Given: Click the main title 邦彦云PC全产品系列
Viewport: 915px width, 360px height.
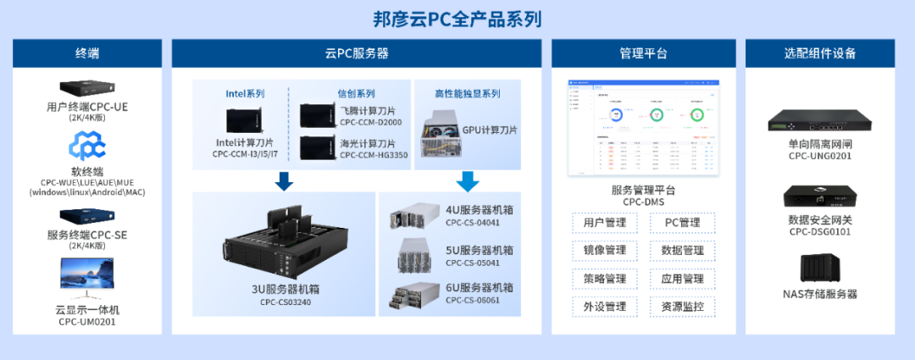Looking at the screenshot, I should click(x=457, y=19).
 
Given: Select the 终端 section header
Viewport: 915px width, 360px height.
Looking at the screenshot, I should click(x=86, y=53).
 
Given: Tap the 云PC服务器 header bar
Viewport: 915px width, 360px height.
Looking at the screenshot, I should click(x=357, y=53).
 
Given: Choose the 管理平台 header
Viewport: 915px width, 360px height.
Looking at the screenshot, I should click(x=643, y=53).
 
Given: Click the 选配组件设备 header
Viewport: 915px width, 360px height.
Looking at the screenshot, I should click(x=819, y=53).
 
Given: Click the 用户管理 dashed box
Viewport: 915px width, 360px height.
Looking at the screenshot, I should click(x=604, y=224).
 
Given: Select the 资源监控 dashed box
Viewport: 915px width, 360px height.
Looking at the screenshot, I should click(x=682, y=307).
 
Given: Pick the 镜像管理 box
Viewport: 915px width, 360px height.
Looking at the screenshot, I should click(x=604, y=251).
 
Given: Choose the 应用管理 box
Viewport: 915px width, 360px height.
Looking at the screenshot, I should click(x=682, y=279).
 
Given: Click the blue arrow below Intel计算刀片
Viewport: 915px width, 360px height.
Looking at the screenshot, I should click(x=284, y=180).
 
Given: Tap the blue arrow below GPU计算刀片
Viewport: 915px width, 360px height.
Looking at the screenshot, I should click(x=467, y=180).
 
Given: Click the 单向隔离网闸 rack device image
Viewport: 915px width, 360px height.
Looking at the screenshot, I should click(x=819, y=120).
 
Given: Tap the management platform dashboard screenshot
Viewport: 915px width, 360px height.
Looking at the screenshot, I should click(x=643, y=127).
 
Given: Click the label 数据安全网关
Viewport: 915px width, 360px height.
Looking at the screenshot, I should click(x=819, y=219).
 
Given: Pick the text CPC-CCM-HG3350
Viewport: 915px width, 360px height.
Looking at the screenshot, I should click(x=374, y=155).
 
